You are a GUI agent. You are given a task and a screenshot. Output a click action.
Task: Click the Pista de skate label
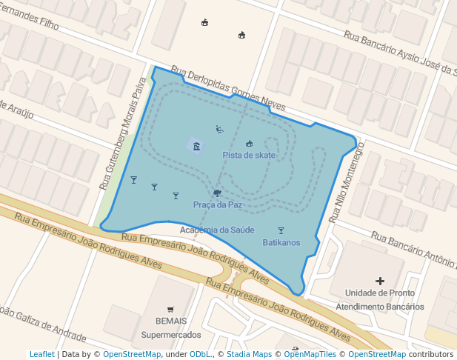(249, 155)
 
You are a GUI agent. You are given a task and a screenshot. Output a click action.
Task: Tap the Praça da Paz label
(218, 204)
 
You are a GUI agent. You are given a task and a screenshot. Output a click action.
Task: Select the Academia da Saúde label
(217, 230)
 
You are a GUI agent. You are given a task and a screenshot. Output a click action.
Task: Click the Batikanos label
(281, 242)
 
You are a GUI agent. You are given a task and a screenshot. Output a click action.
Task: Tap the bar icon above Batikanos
(281, 230)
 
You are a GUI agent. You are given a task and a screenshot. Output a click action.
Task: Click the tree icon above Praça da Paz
(217, 193)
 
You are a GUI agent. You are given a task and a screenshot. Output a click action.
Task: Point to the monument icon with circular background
(196, 147)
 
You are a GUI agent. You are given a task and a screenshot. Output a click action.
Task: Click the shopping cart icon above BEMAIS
(170, 310)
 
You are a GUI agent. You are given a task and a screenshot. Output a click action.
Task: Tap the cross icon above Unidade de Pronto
(380, 281)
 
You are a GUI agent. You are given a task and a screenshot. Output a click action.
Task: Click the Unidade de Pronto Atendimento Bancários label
(379, 299)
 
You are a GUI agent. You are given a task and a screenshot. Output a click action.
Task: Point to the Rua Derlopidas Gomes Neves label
(228, 90)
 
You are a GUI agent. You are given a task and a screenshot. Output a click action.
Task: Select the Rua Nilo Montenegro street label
(347, 182)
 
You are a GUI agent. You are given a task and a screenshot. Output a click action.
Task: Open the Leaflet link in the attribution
(42, 354)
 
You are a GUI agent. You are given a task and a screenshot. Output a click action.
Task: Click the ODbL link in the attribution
(200, 354)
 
